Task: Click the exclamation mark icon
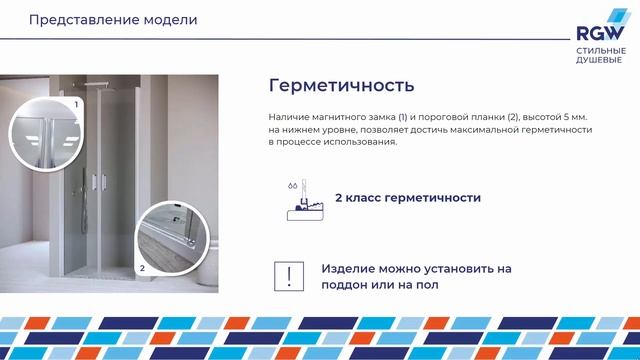[289, 276]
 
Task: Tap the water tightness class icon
[297, 199]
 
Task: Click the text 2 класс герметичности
[414, 198]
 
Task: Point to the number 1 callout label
[75, 104]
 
